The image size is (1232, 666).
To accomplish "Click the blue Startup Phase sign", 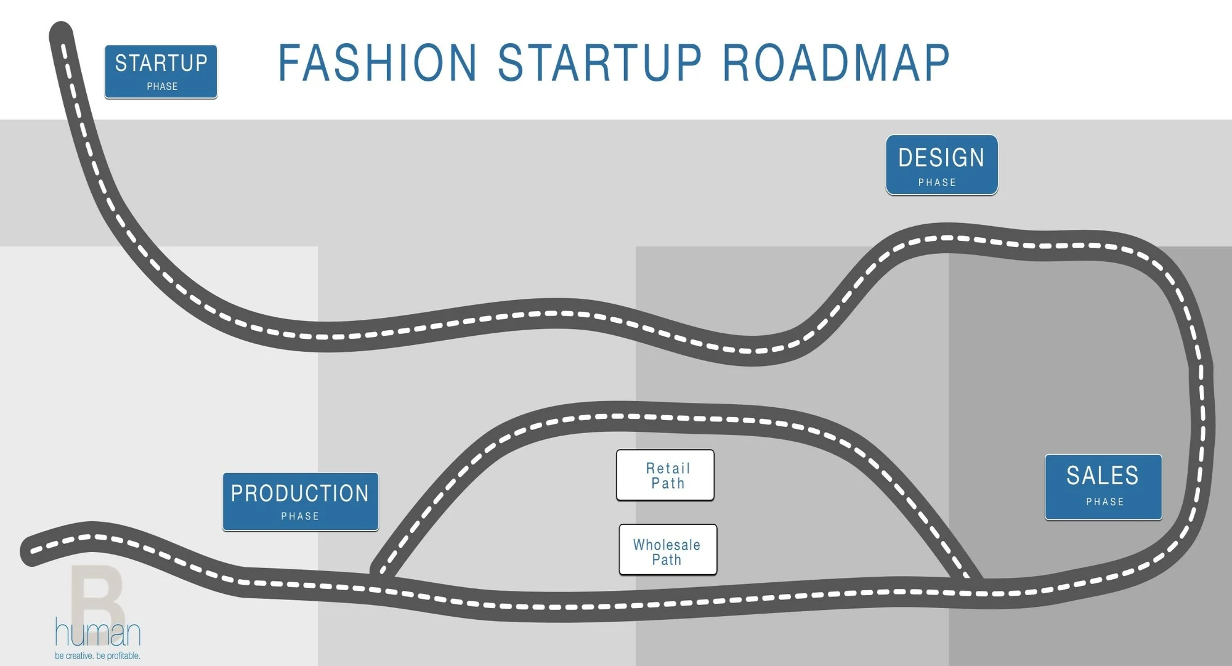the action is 161,71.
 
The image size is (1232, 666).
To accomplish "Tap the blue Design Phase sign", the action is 942,165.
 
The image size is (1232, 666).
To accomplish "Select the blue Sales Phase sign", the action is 1103,487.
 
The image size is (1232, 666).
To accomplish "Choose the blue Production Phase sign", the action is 301,502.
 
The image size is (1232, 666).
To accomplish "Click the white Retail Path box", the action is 665,475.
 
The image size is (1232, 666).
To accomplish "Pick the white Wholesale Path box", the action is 668,550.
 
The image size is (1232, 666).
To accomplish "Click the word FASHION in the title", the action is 378,63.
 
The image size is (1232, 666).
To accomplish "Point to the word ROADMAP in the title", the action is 836,63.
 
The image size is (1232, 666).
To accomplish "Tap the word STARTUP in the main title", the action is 600,63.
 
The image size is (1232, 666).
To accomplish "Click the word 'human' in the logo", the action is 98,632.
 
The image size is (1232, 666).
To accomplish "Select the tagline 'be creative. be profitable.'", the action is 97,656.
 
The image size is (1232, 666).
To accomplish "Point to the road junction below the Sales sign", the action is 973,583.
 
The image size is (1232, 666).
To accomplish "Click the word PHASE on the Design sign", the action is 937,182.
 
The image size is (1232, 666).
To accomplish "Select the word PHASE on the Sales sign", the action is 1105,502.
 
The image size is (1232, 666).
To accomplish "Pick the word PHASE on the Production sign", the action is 300,516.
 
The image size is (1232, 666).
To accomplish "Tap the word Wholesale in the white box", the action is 667,545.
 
